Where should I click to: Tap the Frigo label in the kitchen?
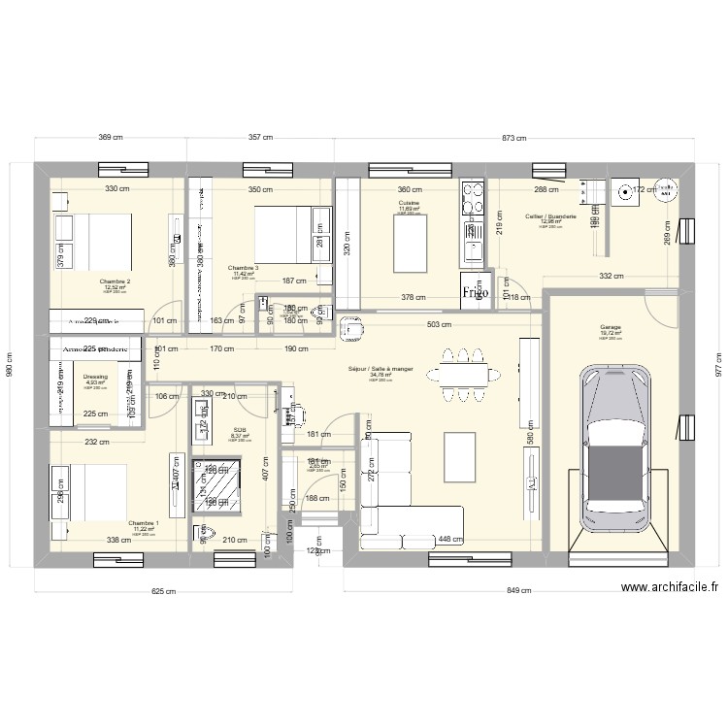(475, 290)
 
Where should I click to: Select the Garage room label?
(610, 329)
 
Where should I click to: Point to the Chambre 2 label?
(115, 281)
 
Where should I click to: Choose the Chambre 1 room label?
(142, 522)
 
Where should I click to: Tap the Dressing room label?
(95, 376)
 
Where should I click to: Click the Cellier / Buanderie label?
(550, 216)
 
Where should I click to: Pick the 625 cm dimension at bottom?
(162, 591)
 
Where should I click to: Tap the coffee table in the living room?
(458, 456)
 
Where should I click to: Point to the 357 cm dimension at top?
(259, 138)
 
